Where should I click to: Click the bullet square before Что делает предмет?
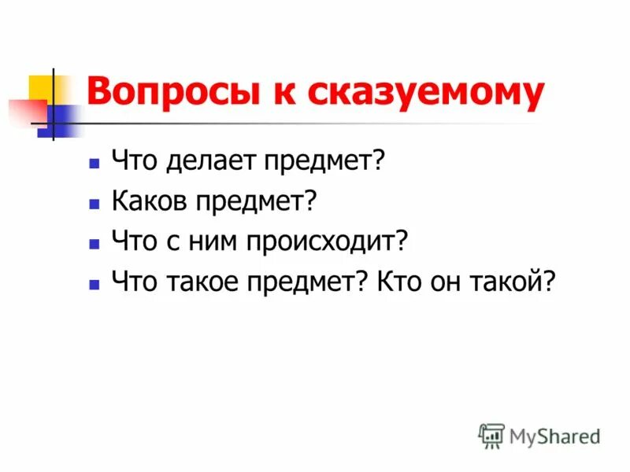click(x=94, y=164)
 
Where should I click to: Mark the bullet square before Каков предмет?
click(x=94, y=204)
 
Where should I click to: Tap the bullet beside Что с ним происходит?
click(x=94, y=243)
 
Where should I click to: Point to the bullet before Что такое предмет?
click(x=94, y=283)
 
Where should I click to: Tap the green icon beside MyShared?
click(x=491, y=436)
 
